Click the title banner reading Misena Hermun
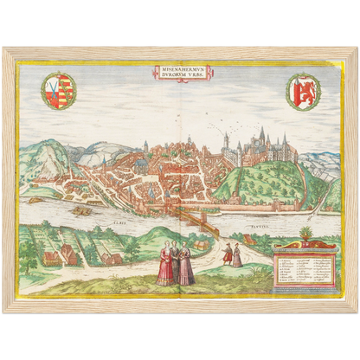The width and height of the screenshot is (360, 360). (180, 73)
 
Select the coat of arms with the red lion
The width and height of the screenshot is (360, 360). (303, 91)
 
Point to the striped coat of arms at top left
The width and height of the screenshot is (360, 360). (59, 91)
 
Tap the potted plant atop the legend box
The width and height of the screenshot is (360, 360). (304, 235)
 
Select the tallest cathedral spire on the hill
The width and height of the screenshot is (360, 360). (260, 135)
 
